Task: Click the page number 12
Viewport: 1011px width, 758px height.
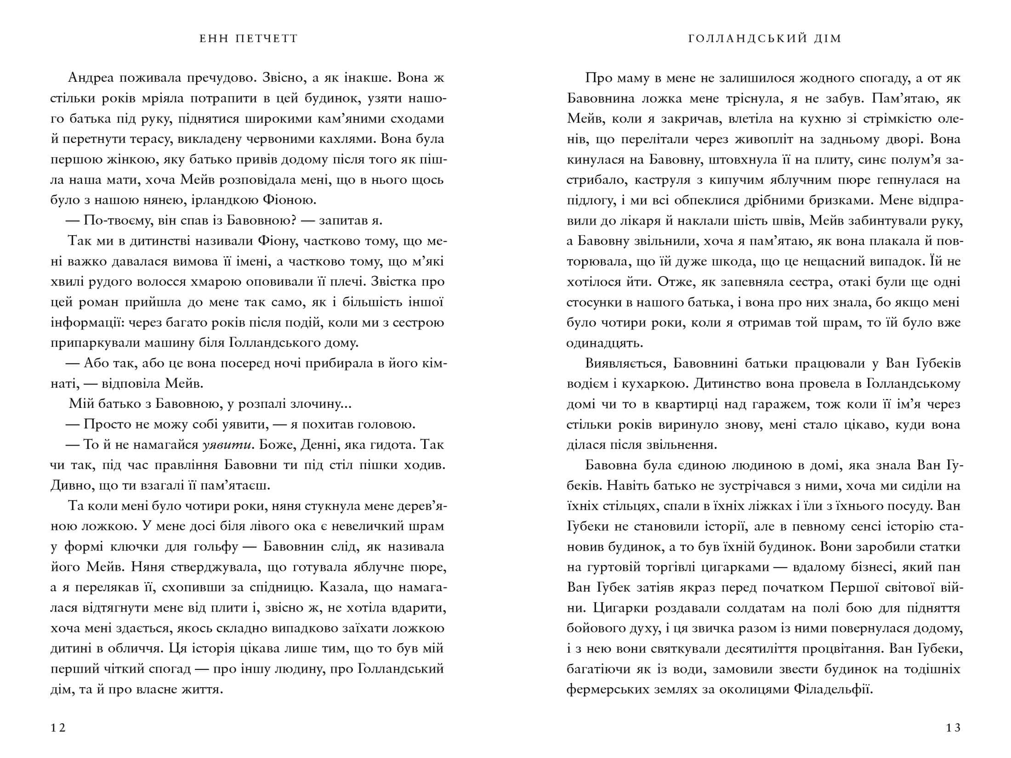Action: pos(58,728)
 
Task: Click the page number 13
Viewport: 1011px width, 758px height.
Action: pos(953,728)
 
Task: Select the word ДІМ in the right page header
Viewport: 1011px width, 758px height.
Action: pos(827,39)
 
